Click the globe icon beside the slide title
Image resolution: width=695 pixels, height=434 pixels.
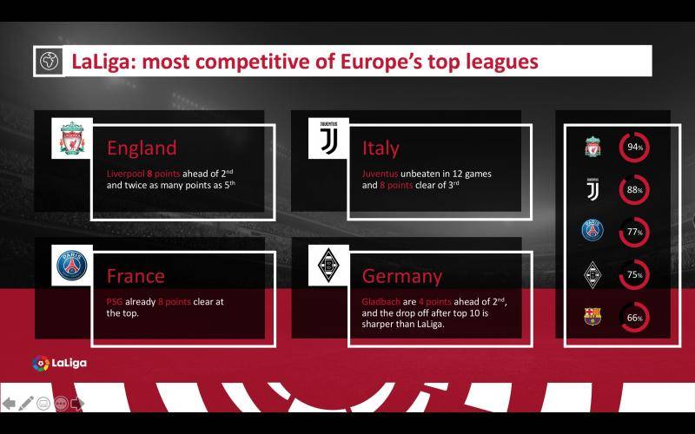pos(50,61)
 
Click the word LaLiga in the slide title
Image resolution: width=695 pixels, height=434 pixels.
pos(102,62)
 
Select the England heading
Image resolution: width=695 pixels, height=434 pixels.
pos(142,148)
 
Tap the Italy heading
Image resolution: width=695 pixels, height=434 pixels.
pos(381,148)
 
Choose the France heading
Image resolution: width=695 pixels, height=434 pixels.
pos(136,276)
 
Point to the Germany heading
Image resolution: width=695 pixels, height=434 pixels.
pos(402,277)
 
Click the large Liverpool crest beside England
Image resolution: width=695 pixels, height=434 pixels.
pos(72,138)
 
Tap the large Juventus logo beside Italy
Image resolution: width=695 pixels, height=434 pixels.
pos(329,138)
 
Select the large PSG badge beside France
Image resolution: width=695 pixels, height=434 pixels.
pos(72,266)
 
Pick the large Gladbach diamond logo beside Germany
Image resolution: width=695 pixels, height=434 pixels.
pos(329,266)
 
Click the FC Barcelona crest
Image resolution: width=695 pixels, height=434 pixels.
pos(592,317)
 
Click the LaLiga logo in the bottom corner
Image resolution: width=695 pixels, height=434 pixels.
pos(59,364)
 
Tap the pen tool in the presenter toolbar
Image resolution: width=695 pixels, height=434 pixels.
pos(26,404)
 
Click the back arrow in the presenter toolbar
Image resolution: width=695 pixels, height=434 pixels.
pos(9,404)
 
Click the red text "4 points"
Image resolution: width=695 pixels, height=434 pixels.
pos(435,301)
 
